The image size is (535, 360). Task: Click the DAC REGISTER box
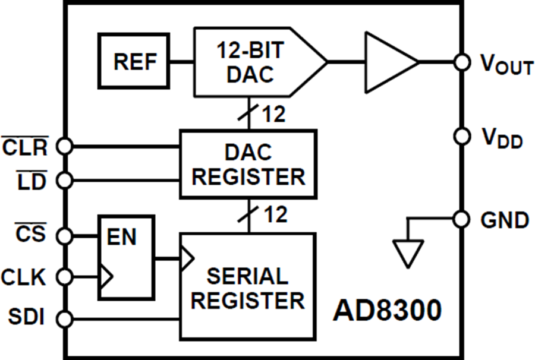click(248, 164)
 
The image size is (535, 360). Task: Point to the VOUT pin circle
click(461, 61)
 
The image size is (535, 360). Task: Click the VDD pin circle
click(461, 136)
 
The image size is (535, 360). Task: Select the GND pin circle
click(461, 219)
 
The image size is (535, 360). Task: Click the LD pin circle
click(64, 178)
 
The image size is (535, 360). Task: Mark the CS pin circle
click(64, 236)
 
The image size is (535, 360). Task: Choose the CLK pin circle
click(64, 276)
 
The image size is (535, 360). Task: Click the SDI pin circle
click(64, 319)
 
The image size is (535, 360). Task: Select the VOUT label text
click(506, 65)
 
